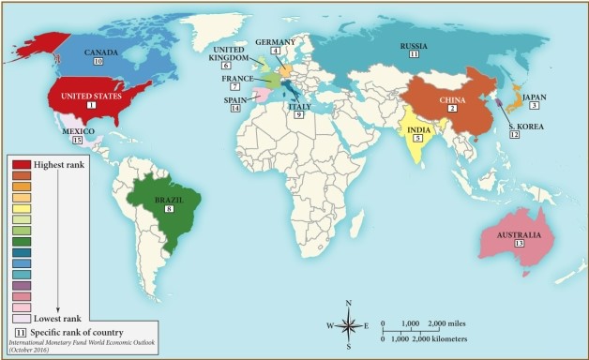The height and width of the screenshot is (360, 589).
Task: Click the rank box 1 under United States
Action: coord(91,105)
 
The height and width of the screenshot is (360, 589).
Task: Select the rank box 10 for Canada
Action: coord(98,61)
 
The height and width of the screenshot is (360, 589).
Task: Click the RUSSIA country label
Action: coord(414,45)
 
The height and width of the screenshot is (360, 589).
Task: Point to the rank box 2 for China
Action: coord(452,109)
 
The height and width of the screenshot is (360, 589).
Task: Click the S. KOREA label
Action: coord(523,125)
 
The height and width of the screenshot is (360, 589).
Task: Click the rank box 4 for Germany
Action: coord(276,52)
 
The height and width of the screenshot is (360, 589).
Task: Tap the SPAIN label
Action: coord(234,98)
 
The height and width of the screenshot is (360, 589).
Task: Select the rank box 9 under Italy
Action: coord(299,114)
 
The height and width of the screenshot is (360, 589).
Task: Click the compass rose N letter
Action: coord(348,303)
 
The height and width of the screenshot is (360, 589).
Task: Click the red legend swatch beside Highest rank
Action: coord(22,165)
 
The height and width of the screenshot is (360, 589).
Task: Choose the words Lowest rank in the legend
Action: coord(58,320)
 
